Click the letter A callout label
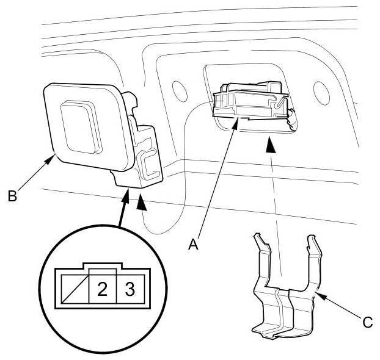(x=194, y=245)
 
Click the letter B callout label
(x=12, y=197)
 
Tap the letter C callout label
(x=367, y=322)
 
